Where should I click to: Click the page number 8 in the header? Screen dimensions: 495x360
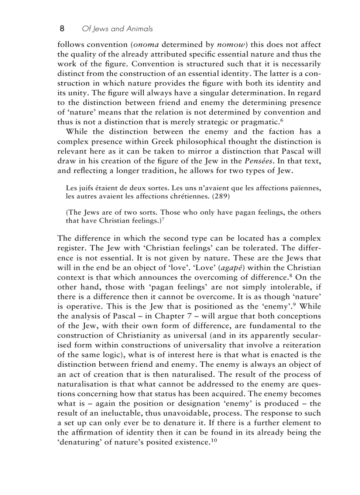point(62,29)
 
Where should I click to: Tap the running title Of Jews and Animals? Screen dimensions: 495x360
point(117,29)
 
